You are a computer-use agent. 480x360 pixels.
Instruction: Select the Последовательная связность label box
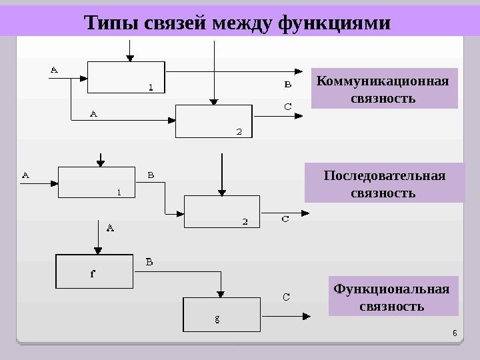pyautogui.click(x=383, y=184)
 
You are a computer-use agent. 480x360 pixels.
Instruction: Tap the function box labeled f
pyautogui.click(x=93, y=271)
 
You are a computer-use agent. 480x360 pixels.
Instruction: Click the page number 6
pyautogui.click(x=454, y=333)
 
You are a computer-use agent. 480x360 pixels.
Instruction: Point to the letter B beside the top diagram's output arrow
pyautogui.click(x=287, y=85)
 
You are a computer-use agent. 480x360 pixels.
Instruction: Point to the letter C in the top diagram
pyautogui.click(x=287, y=105)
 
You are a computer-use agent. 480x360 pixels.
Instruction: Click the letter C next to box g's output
pyautogui.click(x=285, y=299)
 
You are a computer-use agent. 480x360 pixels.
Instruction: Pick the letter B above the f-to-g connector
pyautogui.click(x=149, y=262)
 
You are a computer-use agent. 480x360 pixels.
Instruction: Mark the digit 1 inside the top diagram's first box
pyautogui.click(x=151, y=87)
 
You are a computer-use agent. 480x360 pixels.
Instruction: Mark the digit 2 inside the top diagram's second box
pyautogui.click(x=239, y=131)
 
